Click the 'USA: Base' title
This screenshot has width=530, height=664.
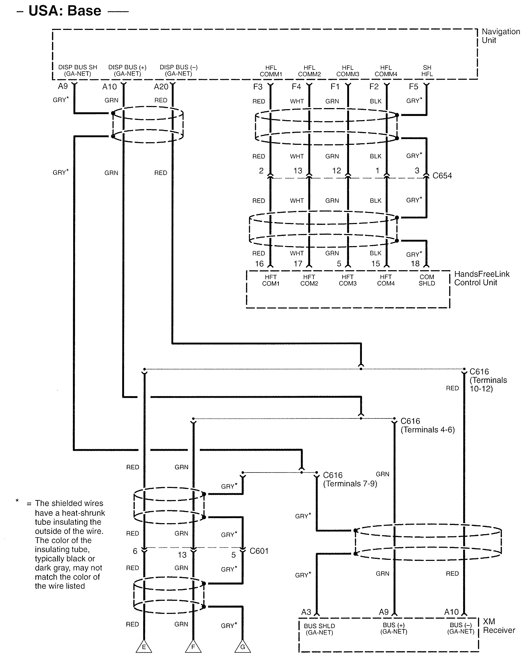point(65,11)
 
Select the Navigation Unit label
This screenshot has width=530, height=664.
point(500,36)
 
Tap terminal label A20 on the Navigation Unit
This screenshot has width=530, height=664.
point(161,87)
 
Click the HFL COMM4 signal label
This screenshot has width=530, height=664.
point(386,71)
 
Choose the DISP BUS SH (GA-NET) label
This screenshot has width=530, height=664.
point(78,70)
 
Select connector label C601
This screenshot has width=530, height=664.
point(259,551)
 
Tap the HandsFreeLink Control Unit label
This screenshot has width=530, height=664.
point(482,278)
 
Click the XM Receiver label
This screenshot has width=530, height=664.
point(499,626)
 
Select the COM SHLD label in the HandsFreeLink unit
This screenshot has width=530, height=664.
point(427,280)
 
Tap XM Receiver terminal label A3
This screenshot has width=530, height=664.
point(306,612)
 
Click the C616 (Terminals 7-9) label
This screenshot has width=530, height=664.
point(350,479)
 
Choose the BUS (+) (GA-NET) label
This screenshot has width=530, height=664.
point(393,628)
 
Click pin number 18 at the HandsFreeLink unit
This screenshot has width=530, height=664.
point(415,264)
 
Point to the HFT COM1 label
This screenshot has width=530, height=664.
point(271,280)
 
